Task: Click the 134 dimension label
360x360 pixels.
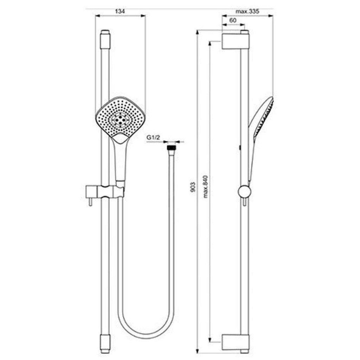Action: [120, 11]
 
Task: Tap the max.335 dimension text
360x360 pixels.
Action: [247, 11]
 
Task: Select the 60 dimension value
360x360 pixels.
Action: [233, 20]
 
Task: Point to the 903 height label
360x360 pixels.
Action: [193, 187]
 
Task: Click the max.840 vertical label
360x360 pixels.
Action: [205, 187]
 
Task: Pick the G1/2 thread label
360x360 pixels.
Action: [153, 137]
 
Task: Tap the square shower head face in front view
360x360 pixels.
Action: [120, 120]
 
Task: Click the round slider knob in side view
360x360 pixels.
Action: [245, 192]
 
